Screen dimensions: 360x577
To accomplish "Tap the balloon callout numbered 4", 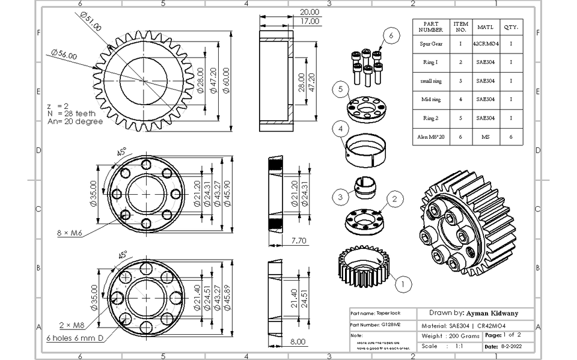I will (340, 129).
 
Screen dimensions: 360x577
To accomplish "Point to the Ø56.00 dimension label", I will (64, 55).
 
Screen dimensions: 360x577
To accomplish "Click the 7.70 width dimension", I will (282, 240).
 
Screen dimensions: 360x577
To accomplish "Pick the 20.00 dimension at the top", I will (310, 12).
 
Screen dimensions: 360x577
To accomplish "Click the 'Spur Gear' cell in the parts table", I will (430, 44).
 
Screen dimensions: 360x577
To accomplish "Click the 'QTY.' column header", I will (511, 26).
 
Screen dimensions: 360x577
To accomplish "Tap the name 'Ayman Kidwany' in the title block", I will (492, 313).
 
